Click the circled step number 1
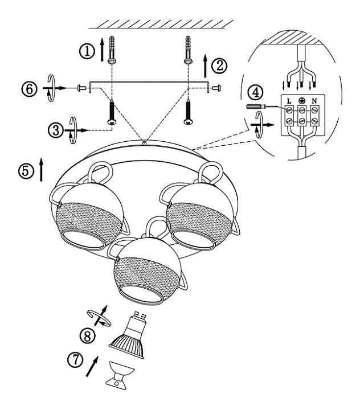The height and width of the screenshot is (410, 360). (x=87, y=51)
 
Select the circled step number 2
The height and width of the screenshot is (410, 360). (x=218, y=65)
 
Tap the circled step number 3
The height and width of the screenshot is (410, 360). (x=55, y=130)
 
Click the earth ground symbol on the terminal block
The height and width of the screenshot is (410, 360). (x=302, y=100)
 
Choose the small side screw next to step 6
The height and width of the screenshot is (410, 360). (x=81, y=88)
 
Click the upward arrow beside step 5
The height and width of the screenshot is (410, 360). (x=41, y=169)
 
